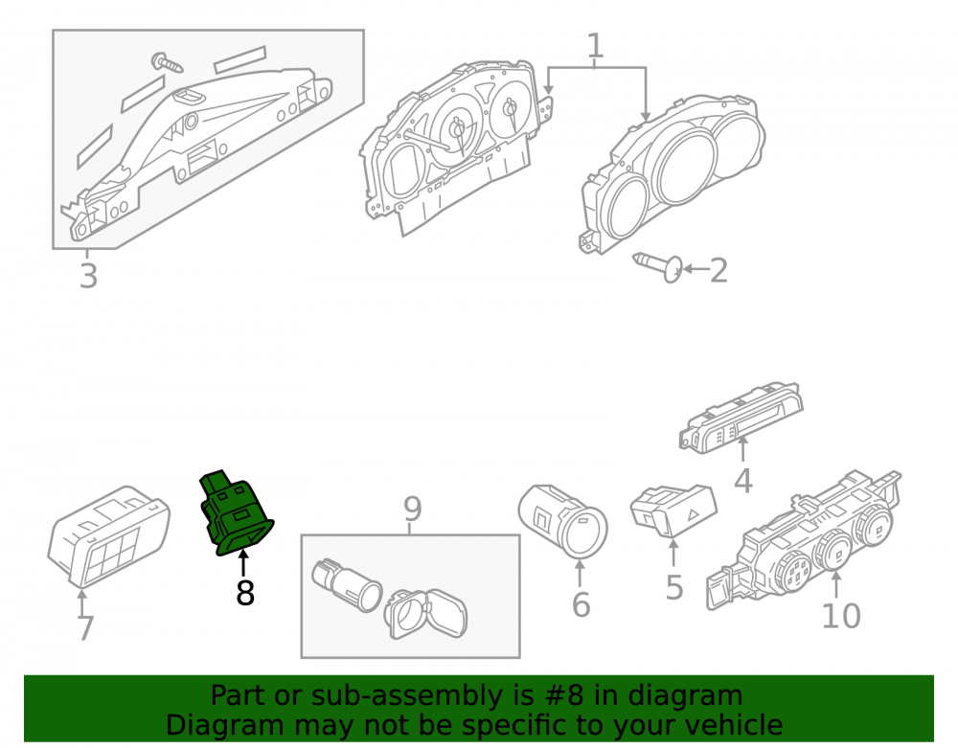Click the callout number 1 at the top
coord(595,46)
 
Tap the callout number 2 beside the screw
coord(718,270)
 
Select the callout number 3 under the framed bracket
coord(88,276)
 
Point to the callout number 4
coord(743,481)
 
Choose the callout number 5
coord(673,587)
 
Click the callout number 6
coord(582,604)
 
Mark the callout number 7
coord(85,628)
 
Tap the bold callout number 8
coord(245,593)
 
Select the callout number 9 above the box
coord(412,509)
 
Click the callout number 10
coord(841,616)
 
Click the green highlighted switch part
coord(236,513)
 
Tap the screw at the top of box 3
coord(167,62)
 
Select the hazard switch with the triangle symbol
coord(673,510)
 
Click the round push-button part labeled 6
coord(562,521)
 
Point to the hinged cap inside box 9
coord(426,613)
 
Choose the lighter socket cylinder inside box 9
coord(347,585)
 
